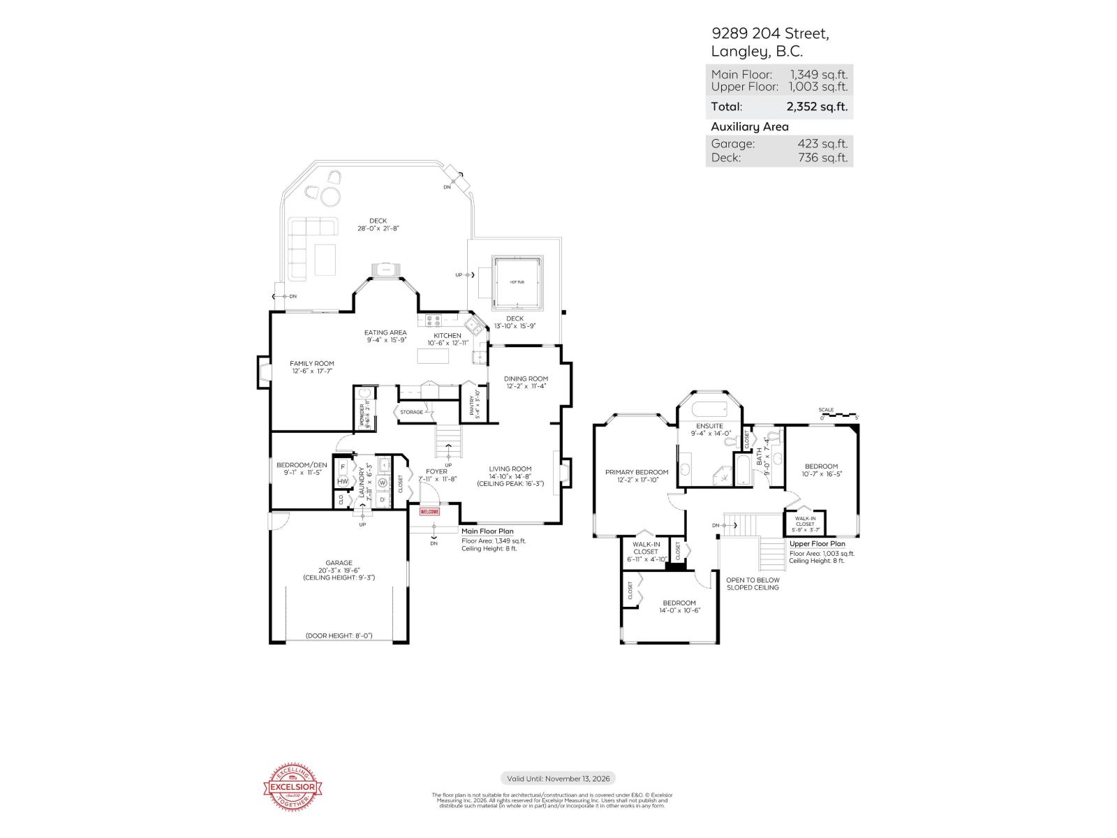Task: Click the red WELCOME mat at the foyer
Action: [429, 512]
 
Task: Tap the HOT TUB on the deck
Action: [517, 281]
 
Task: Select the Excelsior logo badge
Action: [293, 788]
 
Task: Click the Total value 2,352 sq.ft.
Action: [817, 107]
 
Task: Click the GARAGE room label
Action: [339, 563]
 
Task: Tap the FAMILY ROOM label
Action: [312, 363]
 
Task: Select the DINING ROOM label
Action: [526, 378]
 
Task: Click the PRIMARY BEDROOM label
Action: [636, 472]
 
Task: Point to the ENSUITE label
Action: [709, 426]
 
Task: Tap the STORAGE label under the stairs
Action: [411, 412]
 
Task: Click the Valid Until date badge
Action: [558, 779]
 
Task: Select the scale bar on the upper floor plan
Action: [838, 415]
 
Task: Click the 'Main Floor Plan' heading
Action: [487, 531]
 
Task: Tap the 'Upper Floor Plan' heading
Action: [817, 544]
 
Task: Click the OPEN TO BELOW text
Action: [753, 580]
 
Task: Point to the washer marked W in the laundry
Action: [383, 483]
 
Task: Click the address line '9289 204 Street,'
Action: [770, 34]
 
